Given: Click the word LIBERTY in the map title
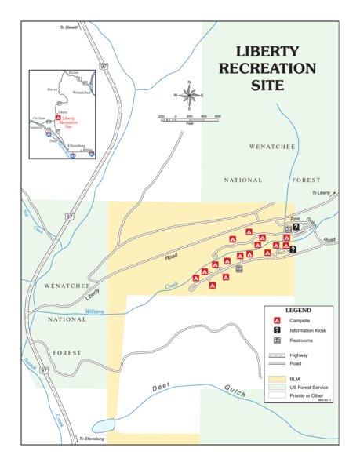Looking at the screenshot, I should click(x=267, y=52).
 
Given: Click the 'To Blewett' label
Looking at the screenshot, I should click(x=70, y=28).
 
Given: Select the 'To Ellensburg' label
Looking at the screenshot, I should click(x=92, y=439).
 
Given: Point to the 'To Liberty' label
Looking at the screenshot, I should click(x=322, y=192).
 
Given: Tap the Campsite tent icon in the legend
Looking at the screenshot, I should click(x=277, y=320).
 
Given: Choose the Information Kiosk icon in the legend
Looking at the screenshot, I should click(x=277, y=330).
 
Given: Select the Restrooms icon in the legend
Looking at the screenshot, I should click(x=277, y=340).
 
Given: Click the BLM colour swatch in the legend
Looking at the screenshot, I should click(x=277, y=377).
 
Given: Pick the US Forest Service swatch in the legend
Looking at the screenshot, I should click(x=277, y=386).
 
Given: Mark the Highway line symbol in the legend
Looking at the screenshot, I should click(x=277, y=355).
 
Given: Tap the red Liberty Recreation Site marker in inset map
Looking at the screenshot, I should click(x=57, y=118).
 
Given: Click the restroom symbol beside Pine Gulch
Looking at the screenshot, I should click(x=288, y=228).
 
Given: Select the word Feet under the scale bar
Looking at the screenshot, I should click(x=189, y=123).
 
